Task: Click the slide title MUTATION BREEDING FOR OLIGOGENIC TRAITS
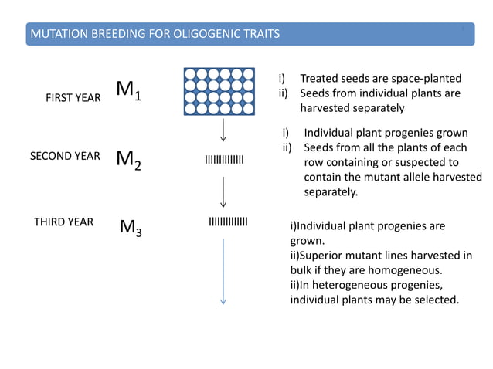click(154, 34)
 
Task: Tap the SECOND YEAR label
click(65, 156)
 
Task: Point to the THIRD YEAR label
click(63, 222)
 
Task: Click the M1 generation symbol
click(128, 90)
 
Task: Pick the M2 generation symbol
click(128, 159)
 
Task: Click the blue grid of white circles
click(223, 91)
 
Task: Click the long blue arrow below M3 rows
click(223, 270)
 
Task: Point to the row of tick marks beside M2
click(223, 160)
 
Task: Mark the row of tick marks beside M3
click(228, 222)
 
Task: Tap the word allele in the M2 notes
click(416, 177)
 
